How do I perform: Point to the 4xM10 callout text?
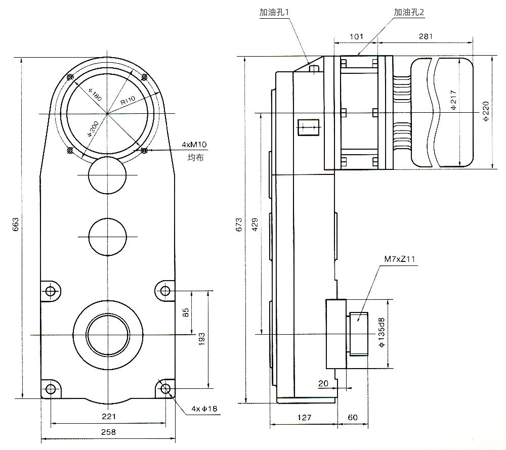coord(194,145)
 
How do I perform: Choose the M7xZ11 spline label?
coord(400,259)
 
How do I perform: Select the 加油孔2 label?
coord(411,11)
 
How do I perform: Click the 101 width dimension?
coord(357,36)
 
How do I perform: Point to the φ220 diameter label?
coord(486,112)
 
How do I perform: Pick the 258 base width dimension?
coord(108,432)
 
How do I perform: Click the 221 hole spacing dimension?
coord(108,416)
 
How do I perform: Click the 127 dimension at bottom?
coord(304,418)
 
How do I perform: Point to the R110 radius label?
coord(128,101)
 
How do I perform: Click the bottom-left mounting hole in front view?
coord(50,388)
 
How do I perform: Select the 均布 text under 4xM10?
coord(195,158)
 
